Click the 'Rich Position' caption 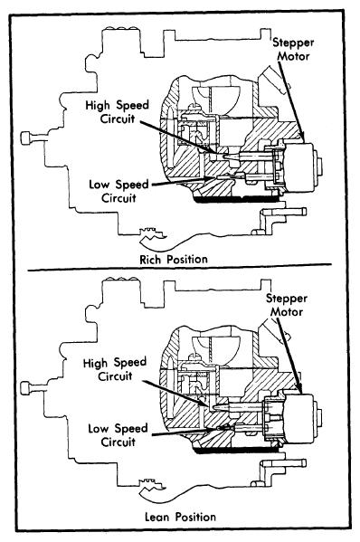pos(174,259)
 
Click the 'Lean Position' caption pos(180,517)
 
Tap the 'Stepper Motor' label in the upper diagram pos(293,49)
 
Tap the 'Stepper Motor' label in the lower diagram pos(287,305)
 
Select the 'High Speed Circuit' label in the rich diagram pos(117,111)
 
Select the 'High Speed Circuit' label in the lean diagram pos(115,369)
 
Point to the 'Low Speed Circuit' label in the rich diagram pos(118,191)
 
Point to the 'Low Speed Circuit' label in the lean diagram pos(118,435)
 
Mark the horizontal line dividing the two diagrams pos(180,268)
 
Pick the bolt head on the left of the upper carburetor pos(26,138)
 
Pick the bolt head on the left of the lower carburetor pos(26,388)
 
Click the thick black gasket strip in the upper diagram pos(236,198)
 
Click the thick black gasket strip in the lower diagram pos(236,450)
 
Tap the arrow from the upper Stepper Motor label pos(291,102)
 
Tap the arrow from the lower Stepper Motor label pos(290,356)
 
